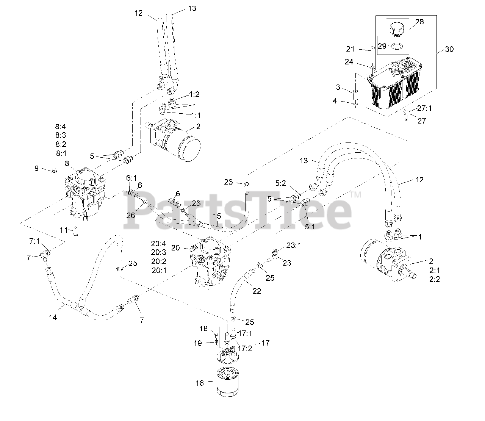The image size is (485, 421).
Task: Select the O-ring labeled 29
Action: coord(397,46)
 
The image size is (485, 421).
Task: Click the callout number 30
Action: coord(449,49)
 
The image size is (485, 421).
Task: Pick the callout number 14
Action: coord(53,318)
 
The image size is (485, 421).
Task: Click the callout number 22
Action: coord(257,291)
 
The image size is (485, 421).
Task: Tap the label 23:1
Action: coord(293,245)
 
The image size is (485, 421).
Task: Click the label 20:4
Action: coord(158,243)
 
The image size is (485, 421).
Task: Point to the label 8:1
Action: coord(61,153)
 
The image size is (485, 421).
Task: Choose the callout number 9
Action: coord(37,168)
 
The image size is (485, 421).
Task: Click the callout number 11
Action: coord(63,230)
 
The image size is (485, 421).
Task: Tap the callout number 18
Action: coord(204,329)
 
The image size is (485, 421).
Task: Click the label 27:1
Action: coord(425,108)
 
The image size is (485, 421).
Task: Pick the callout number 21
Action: coord(350,49)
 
